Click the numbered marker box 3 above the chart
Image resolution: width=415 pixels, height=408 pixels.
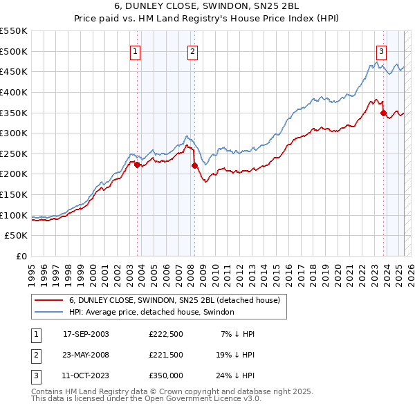click(381, 51)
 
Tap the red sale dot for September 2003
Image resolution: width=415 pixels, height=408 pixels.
click(137, 165)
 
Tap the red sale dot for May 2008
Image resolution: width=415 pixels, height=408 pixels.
click(194, 165)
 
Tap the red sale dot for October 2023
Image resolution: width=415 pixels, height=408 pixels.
click(383, 113)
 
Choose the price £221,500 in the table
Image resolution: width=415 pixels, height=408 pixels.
click(166, 355)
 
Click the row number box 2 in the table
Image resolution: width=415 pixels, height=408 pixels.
click(35, 355)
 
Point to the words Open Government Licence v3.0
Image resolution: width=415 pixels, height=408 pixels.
click(207, 399)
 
